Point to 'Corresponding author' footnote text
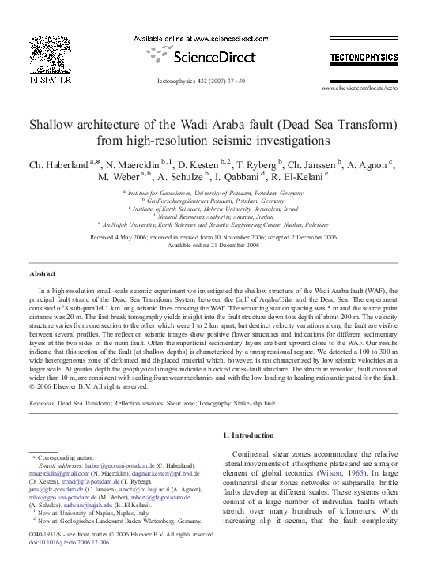60,457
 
